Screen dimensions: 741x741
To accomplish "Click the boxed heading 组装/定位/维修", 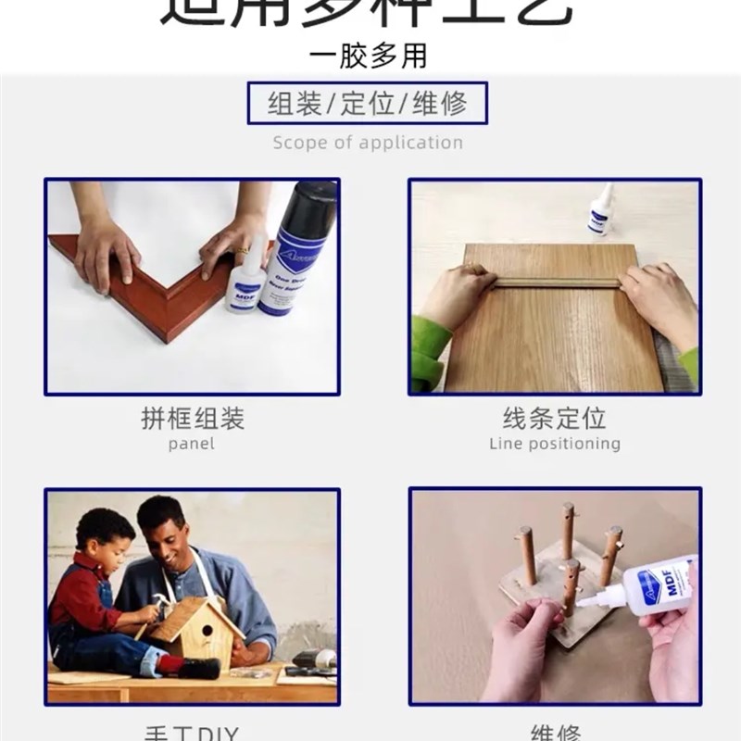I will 368,103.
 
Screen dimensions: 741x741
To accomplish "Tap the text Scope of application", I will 368,143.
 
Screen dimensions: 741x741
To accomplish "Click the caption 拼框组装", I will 192,419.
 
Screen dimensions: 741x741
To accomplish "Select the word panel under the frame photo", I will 192,444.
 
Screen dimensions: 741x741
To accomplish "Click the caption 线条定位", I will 554,419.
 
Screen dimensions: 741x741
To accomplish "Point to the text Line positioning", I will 554,444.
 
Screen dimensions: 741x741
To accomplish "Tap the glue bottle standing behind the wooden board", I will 600,211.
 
